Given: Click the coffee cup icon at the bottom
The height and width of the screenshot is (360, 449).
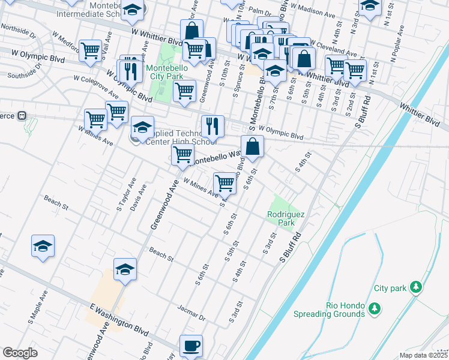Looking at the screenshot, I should pyautogui.click(x=191, y=346).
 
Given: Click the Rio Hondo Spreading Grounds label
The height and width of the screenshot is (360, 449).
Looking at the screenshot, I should pyautogui.click(x=329, y=310).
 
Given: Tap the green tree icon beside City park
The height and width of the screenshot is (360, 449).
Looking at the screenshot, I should pyautogui.click(x=415, y=288).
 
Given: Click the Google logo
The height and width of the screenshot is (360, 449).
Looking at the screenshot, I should pyautogui.click(x=20, y=353).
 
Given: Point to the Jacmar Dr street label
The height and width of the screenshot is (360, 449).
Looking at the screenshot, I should pyautogui.click(x=191, y=311).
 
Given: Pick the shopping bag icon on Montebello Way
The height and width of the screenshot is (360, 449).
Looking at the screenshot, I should pyautogui.click(x=253, y=146).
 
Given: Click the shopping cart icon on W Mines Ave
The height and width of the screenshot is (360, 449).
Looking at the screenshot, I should pyautogui.click(x=224, y=183).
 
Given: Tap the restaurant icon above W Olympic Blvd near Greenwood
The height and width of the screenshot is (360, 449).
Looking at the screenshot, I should pyautogui.click(x=212, y=126).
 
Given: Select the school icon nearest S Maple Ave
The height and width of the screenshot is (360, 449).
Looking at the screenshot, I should pyautogui.click(x=43, y=247).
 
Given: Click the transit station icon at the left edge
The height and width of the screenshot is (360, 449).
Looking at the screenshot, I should pyautogui.click(x=22, y=115).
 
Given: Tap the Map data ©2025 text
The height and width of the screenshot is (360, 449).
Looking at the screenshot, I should pyautogui.click(x=424, y=355).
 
